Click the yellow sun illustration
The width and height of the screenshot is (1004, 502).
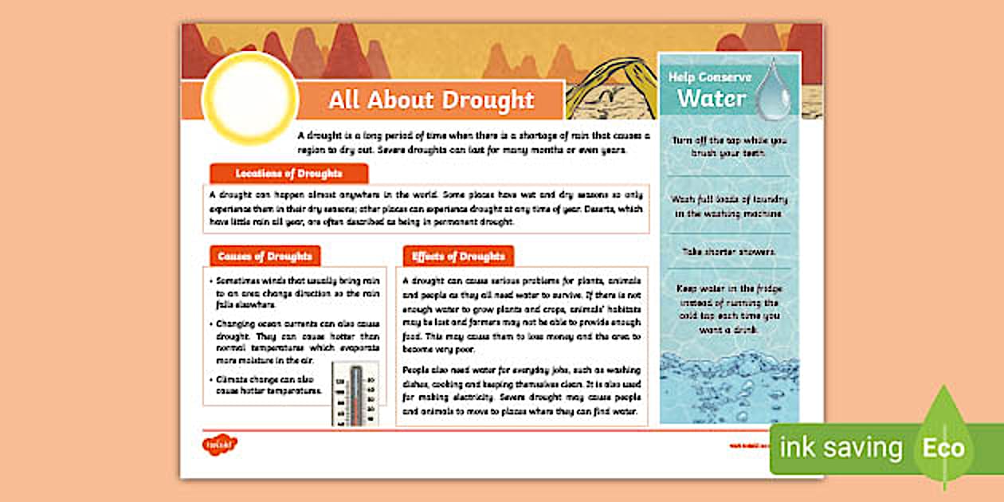point(249,98)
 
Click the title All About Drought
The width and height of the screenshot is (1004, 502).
point(431,100)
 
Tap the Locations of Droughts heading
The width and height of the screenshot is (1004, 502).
point(288,174)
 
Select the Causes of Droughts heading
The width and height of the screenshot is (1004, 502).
point(265,257)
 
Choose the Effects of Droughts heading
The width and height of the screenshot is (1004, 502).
point(458,257)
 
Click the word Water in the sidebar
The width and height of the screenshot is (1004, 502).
point(711,99)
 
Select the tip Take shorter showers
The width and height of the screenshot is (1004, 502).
point(729,252)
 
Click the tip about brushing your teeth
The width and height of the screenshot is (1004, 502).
point(729,146)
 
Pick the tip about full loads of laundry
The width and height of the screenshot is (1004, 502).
point(729,206)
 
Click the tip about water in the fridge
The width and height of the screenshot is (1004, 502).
point(729,309)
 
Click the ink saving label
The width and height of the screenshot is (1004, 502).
point(841,448)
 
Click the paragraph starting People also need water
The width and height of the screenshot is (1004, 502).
point(521,390)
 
